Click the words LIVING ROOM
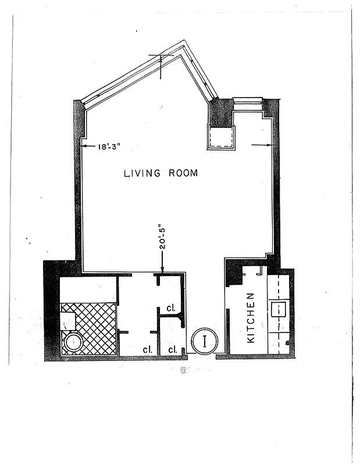coord(161,173)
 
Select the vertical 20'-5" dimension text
coord(163,237)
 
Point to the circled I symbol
coord(205,341)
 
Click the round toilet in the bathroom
coord(74,342)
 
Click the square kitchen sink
coord(279,309)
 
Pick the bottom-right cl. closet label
coord(173,349)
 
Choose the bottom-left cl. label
coord(147,349)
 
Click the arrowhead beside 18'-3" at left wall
coord(84,146)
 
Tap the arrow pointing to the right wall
coord(269,144)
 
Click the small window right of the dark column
coord(248,101)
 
